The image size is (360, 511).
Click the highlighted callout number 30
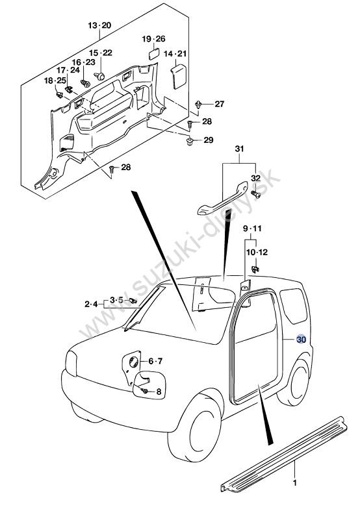(x=301, y=339)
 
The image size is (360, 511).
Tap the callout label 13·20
(x=100, y=25)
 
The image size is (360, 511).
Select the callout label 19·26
(x=153, y=39)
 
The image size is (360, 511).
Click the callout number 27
(x=220, y=104)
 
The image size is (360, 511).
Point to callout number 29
(x=209, y=140)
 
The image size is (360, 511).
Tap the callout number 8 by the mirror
(x=159, y=392)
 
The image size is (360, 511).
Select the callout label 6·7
(x=155, y=361)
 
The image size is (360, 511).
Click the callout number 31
(x=239, y=149)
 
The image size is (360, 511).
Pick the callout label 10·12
(x=257, y=252)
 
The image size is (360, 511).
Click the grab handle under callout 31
(x=222, y=199)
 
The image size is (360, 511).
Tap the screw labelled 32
(x=255, y=194)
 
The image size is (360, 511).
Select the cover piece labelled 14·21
(x=178, y=76)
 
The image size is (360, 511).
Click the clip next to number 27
(x=198, y=105)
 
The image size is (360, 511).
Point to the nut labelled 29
(x=189, y=142)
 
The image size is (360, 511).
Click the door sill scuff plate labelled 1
(x=284, y=454)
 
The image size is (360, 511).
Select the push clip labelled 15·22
(x=100, y=76)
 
